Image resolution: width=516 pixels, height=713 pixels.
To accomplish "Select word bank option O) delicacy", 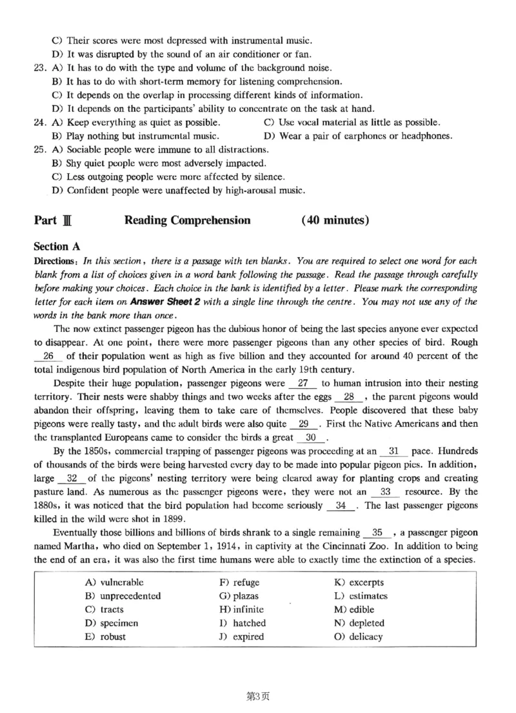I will coord(358,637).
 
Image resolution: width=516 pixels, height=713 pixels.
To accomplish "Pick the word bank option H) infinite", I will coord(241,609).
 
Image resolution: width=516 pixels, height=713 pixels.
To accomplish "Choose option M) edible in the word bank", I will coord(353,609).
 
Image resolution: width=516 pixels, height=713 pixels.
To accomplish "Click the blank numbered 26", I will coord(47,356).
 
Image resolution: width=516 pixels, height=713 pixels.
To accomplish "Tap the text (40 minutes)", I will coord(335,220).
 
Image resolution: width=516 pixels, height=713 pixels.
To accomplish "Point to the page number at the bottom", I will coord(258,696).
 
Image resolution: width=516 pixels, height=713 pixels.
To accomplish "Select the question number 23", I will coord(40,68).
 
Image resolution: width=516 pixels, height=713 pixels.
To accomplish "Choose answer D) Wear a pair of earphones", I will coord(358,136).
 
